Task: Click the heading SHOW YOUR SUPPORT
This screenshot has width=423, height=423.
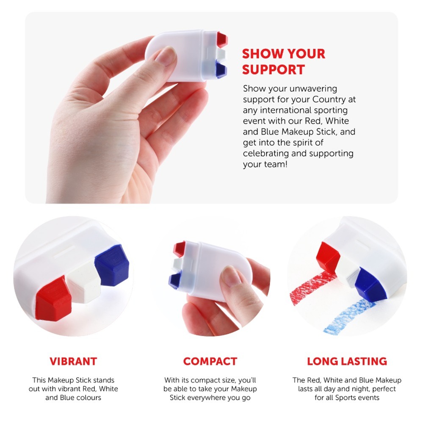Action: pyautogui.click(x=283, y=61)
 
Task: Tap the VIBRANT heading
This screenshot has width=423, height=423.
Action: pyautogui.click(x=73, y=361)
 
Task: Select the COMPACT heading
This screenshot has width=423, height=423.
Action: pyautogui.click(x=210, y=361)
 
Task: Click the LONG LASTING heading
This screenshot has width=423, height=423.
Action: pyautogui.click(x=347, y=361)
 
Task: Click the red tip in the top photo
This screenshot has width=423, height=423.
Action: pyautogui.click(x=222, y=39)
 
